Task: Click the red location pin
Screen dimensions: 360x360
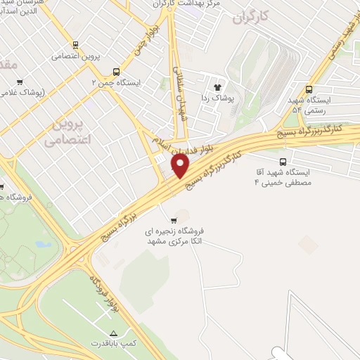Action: (181, 167)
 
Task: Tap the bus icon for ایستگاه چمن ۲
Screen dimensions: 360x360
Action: (116, 71)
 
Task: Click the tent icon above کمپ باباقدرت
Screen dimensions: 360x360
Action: (113, 332)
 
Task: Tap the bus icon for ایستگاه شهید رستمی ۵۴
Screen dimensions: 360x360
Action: (309, 89)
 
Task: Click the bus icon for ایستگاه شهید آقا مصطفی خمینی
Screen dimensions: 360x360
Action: (283, 161)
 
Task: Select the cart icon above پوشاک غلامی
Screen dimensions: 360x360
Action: (20, 82)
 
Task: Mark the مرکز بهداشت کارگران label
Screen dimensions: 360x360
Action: (193, 4)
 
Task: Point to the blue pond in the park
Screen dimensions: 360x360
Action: (43, 246)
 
